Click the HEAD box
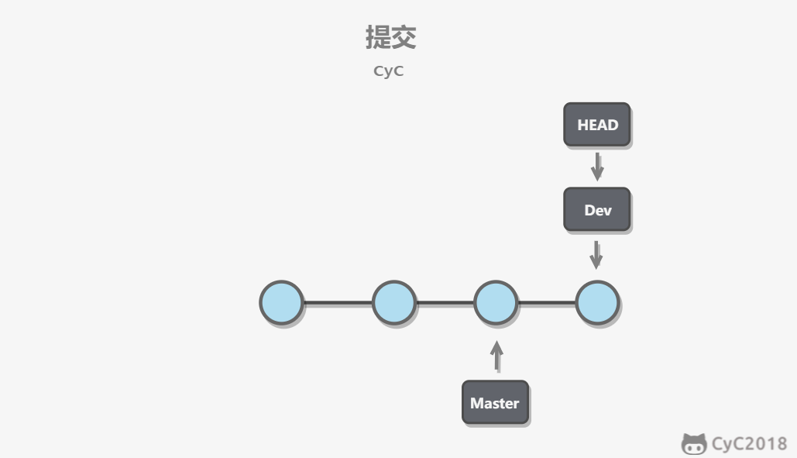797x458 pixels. click(596, 125)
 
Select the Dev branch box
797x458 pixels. click(596, 209)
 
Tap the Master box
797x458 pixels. click(495, 402)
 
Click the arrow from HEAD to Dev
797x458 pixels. click(597, 167)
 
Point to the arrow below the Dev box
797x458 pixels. click(596, 255)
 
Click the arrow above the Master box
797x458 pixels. click(496, 356)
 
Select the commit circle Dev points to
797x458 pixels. click(597, 302)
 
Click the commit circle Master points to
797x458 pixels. click(496, 302)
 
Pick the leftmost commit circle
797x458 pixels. click(282, 302)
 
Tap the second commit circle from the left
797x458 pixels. click(394, 302)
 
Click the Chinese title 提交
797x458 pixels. click(391, 37)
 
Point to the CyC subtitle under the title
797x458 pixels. click(388, 71)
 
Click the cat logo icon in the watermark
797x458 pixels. click(694, 444)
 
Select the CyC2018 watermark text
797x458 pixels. click(749, 444)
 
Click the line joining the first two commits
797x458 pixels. click(338, 303)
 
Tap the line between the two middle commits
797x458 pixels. click(445, 303)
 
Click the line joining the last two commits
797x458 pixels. click(546, 303)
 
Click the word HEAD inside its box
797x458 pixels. click(597, 125)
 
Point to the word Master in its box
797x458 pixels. click(495, 403)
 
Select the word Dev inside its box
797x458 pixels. click(598, 210)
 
